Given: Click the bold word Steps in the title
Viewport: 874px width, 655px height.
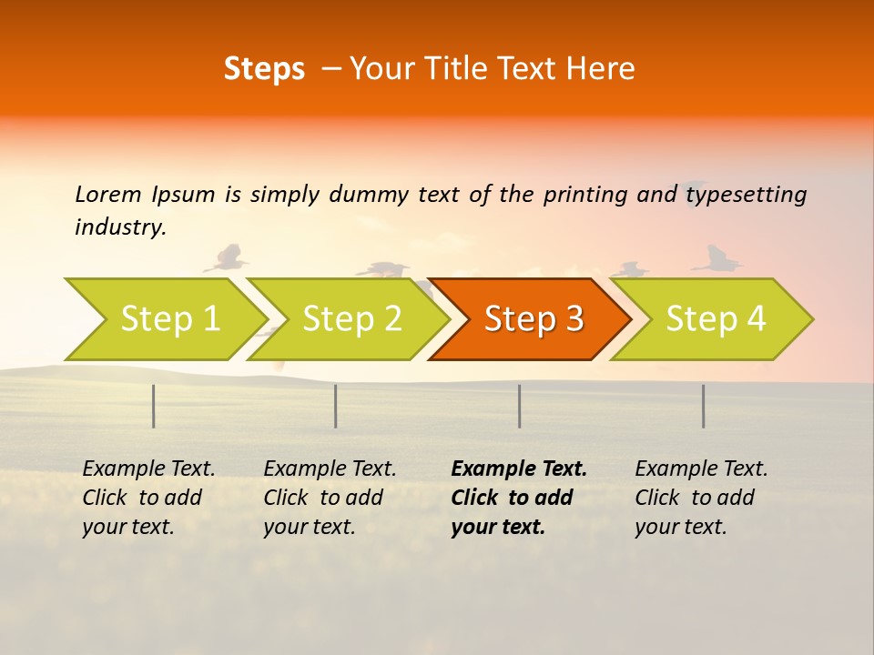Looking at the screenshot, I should [264, 69].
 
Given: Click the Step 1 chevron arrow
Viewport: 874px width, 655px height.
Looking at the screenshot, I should [164, 319].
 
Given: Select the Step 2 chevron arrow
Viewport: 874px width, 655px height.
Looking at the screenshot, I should [351, 319].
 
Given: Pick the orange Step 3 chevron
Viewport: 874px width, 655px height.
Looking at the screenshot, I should [533, 319].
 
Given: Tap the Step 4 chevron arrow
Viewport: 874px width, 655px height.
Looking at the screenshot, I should [715, 319].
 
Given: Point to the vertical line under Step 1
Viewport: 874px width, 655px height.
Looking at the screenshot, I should [154, 406].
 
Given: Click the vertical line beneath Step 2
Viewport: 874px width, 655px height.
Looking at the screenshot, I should [336, 406].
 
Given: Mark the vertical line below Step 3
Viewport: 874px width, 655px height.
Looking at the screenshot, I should [520, 406].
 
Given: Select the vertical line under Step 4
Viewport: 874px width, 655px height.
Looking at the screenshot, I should [704, 406].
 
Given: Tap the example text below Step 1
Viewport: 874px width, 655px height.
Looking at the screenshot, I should [148, 498].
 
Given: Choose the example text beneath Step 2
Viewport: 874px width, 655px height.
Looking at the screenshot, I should [330, 498].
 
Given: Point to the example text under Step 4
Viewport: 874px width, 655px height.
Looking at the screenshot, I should [701, 498].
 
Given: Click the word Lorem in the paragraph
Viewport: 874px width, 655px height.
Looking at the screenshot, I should [108, 194].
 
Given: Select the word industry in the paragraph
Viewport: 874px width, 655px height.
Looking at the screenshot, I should [119, 227].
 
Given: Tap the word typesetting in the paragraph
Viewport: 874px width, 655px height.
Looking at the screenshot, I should [747, 195].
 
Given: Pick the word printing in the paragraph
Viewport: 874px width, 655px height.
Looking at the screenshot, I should [585, 195].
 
